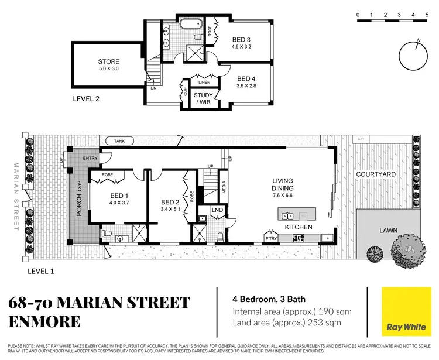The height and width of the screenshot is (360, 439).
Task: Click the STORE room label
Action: (x=108, y=61)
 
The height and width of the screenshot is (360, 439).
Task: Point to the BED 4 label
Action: (x=246, y=78)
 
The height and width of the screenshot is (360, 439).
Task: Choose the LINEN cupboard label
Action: (x=204, y=83)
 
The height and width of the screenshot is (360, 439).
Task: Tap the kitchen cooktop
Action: (x=298, y=238)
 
